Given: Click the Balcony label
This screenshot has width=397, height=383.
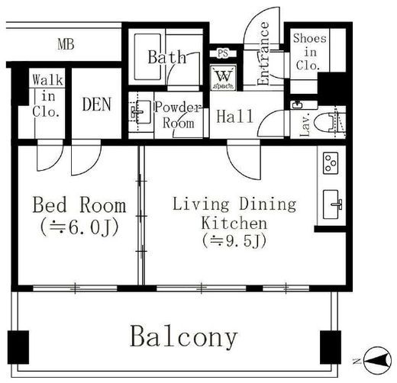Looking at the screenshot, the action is pyautogui.click(x=184, y=337).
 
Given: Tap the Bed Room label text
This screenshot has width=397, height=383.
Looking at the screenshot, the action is pyautogui.click(x=79, y=204).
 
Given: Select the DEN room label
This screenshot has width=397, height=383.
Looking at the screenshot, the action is pyautogui.click(x=97, y=105).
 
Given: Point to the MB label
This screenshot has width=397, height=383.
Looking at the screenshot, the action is pyautogui.click(x=66, y=44).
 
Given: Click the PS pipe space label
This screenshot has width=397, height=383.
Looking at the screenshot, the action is pyautogui.click(x=223, y=53).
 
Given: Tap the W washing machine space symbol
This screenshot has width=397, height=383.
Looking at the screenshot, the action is pyautogui.click(x=224, y=78).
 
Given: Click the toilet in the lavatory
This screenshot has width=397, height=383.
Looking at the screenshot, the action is pyautogui.click(x=327, y=123).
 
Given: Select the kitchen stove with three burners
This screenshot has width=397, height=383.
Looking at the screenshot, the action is pyautogui.click(x=331, y=163).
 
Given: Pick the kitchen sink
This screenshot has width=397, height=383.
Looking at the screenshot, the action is pyautogui.click(x=331, y=204).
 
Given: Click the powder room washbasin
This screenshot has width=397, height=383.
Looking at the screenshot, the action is pyautogui.click(x=140, y=112).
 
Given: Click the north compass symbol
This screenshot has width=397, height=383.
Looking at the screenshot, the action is pyautogui.click(x=376, y=360).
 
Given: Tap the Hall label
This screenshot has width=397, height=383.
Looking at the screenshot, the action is pyautogui.click(x=234, y=116).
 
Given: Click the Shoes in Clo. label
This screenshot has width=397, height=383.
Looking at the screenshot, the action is pyautogui.click(x=310, y=52).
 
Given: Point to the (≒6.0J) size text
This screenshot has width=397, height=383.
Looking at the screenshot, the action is pyautogui.click(x=79, y=227).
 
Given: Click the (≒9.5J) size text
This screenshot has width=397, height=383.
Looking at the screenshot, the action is pyautogui.click(x=234, y=240).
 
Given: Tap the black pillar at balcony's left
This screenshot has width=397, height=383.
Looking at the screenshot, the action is pyautogui.click(x=18, y=347).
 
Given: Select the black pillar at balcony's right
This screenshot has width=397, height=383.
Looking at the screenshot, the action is pyautogui.click(x=331, y=347).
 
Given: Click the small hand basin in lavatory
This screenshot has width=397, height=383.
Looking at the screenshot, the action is pyautogui.click(x=297, y=105).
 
